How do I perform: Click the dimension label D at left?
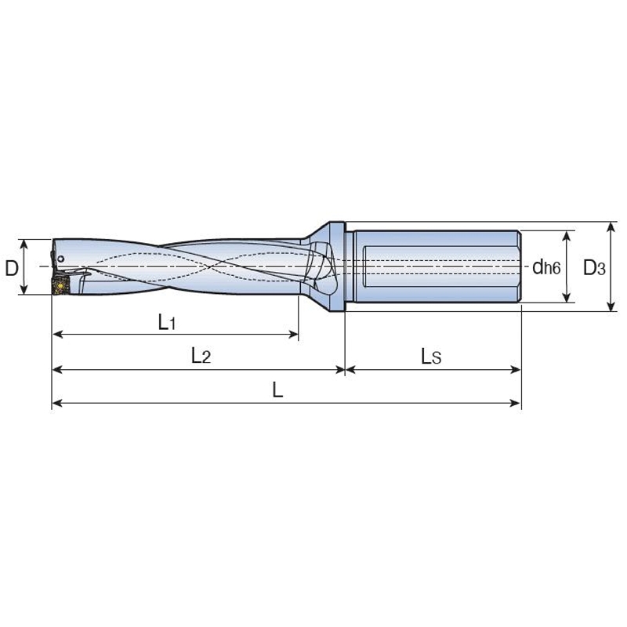tap(12, 268)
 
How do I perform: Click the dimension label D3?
tap(593, 268)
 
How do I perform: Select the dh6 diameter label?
tap(545, 268)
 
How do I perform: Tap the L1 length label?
tap(166, 321)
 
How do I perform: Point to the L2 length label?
tap(201, 356)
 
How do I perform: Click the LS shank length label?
tap(431, 357)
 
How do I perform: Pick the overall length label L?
tap(277, 390)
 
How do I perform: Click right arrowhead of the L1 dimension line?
tap(295, 335)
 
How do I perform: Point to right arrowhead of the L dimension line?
tap(517, 404)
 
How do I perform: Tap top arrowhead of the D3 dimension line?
tap(611, 226)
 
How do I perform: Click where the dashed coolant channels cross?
tap(212, 266)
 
